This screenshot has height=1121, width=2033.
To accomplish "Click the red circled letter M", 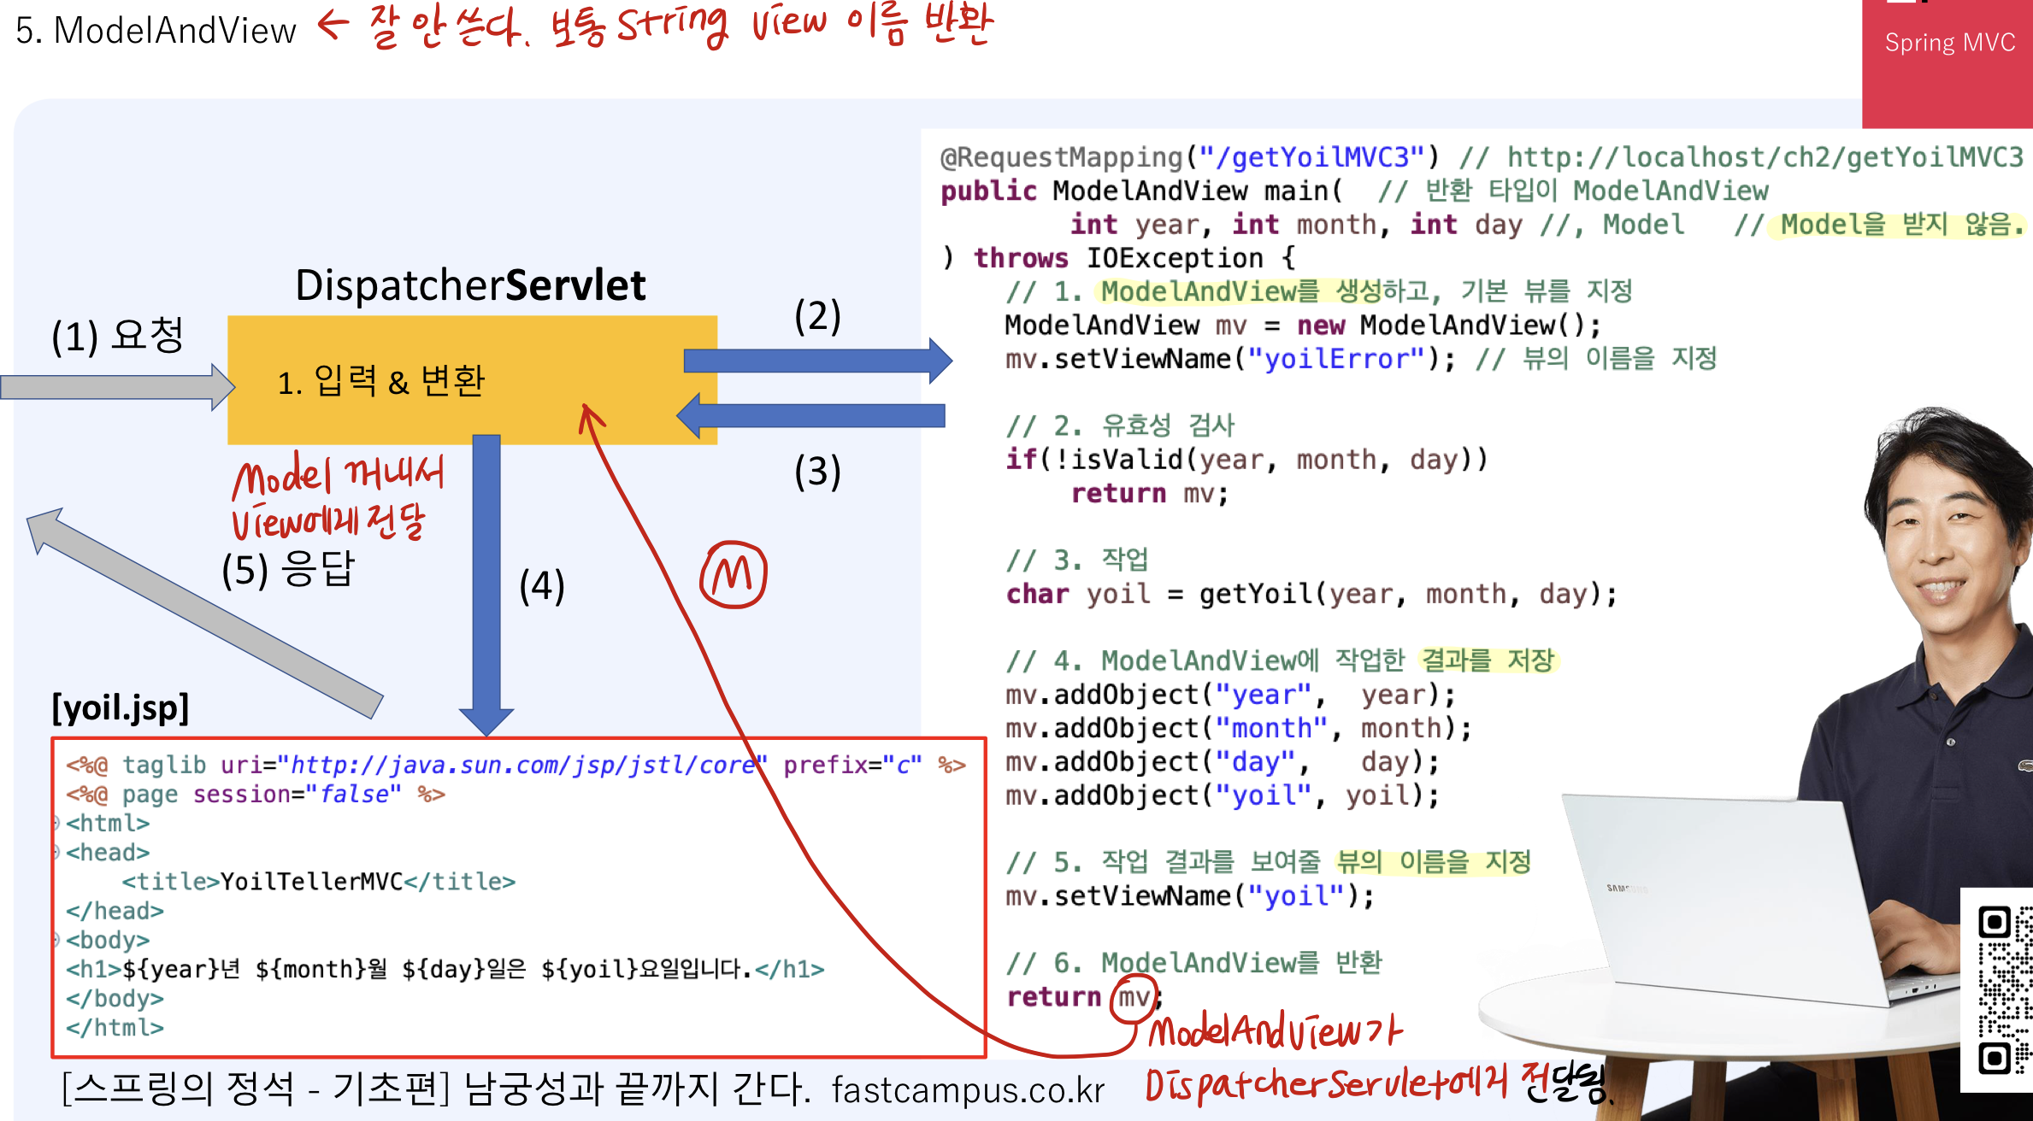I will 734,574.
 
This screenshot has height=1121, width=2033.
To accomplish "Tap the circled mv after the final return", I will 1134,997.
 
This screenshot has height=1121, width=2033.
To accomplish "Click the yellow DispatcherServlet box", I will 472,379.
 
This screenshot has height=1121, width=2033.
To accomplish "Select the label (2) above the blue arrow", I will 817,316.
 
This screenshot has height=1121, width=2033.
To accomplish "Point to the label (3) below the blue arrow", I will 817,472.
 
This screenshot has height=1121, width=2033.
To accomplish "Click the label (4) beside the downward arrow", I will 542,586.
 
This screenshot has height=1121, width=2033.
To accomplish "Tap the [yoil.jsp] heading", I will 121,707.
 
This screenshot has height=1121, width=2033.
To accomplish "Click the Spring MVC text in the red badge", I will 1949,43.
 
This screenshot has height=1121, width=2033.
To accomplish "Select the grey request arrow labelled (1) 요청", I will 115,387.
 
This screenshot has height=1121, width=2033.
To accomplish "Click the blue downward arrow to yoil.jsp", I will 486,581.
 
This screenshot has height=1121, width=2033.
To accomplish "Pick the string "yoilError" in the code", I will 1337,359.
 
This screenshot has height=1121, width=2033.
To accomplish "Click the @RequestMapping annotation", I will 1061,157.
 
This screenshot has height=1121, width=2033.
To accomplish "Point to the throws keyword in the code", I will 1021,258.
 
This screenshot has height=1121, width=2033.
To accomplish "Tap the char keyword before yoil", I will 1037,594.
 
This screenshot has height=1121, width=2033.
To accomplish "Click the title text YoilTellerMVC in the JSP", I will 311,882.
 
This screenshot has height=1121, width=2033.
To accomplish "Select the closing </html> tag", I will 115,1027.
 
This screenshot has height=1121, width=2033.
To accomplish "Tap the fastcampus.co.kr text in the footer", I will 968,1090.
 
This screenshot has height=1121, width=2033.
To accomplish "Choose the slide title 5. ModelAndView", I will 156,31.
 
